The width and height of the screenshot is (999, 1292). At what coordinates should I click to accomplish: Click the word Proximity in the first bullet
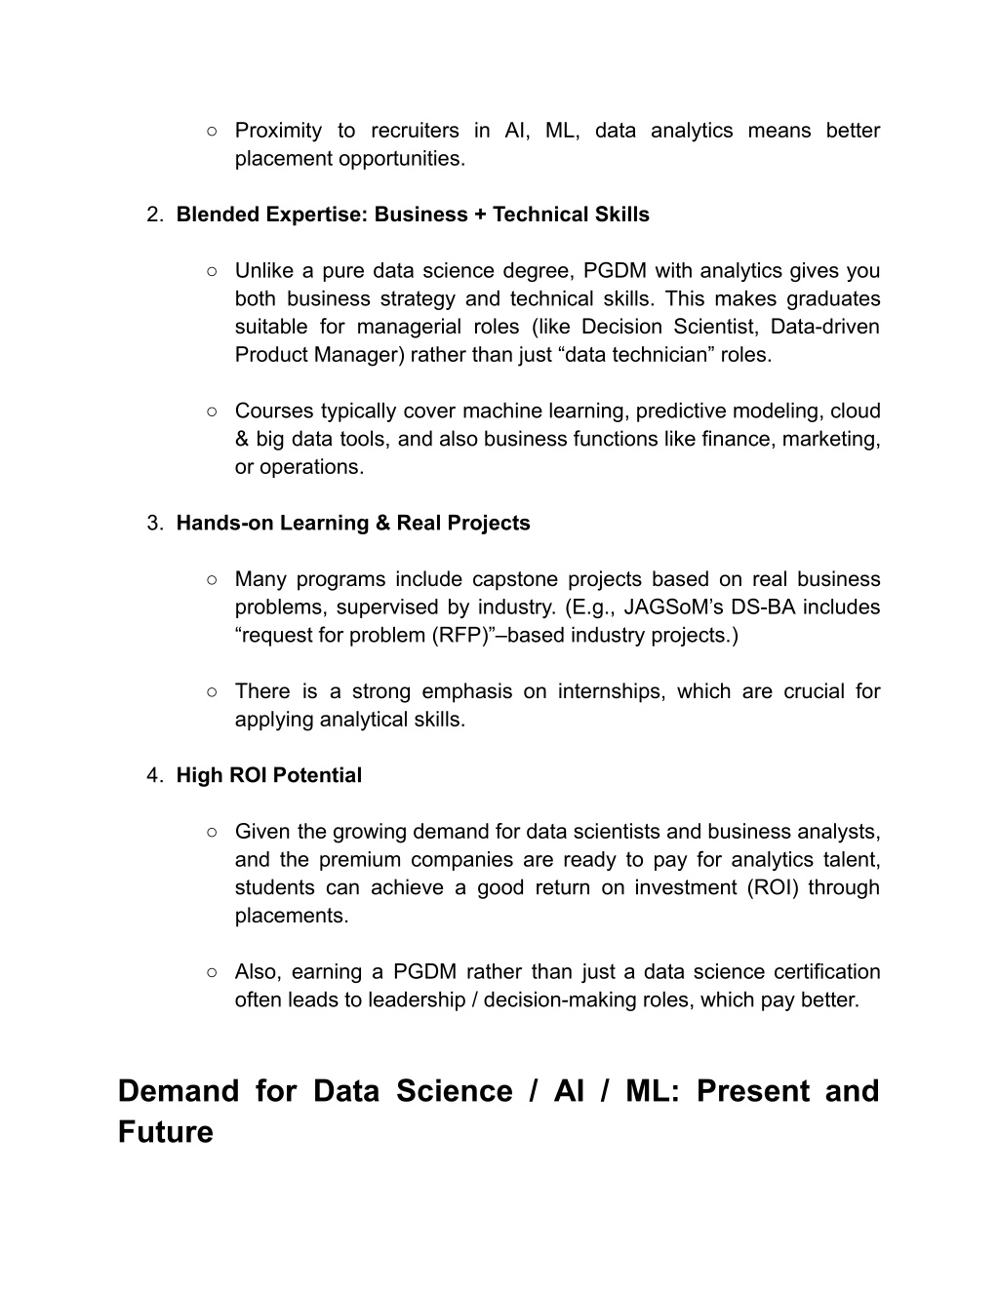[x=278, y=131]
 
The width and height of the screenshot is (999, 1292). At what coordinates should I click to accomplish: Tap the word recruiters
[x=415, y=131]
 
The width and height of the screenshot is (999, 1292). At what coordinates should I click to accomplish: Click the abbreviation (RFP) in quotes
[x=464, y=635]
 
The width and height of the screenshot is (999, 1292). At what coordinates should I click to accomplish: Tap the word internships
[x=610, y=691]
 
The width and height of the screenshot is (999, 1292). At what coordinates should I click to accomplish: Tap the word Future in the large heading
[x=165, y=1132]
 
